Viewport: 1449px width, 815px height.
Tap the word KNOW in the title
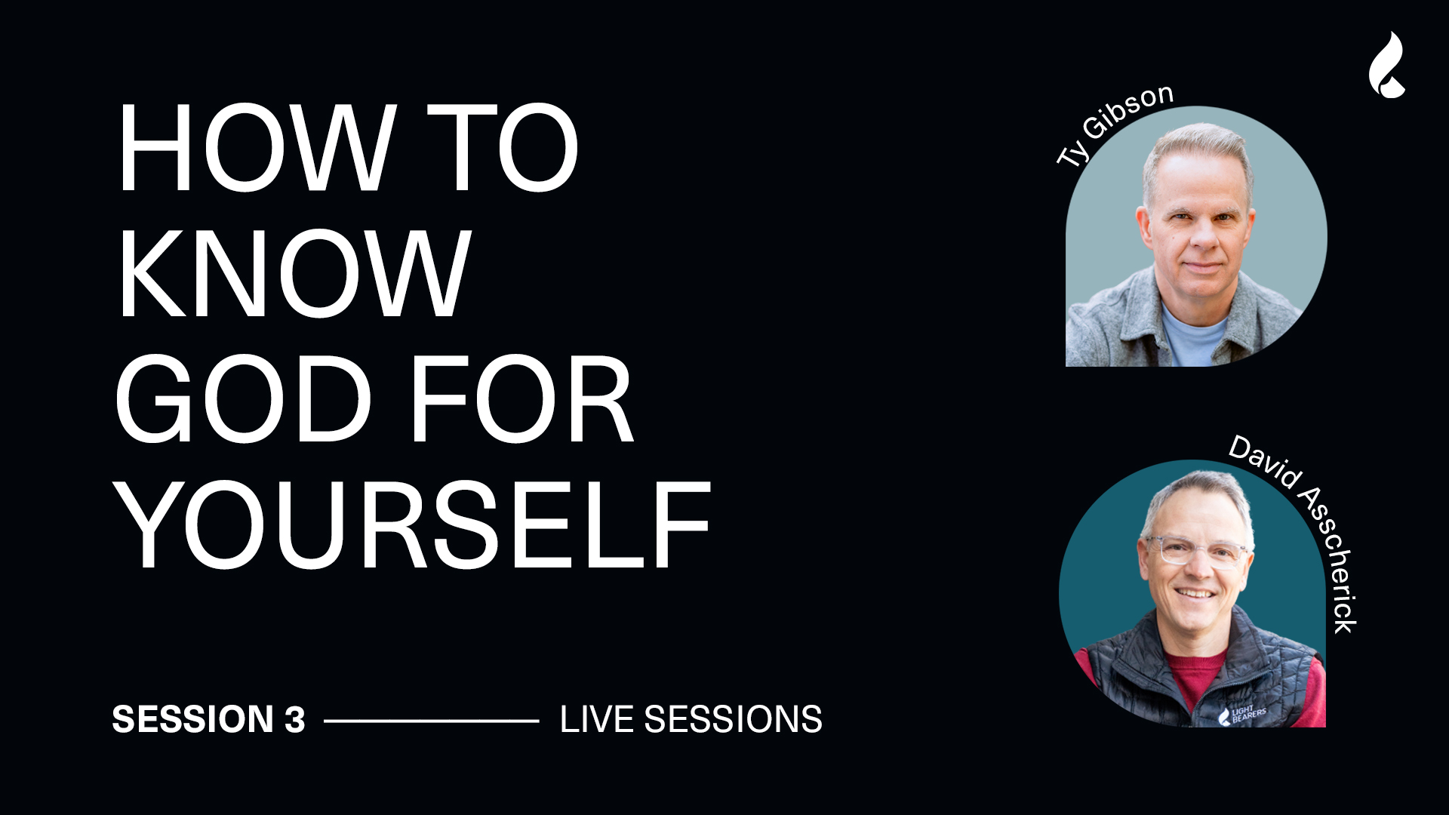pos(294,273)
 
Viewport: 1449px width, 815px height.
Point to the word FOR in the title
pos(522,399)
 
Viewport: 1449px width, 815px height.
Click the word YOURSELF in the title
pos(413,525)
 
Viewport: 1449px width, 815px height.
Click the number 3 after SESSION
pos(295,719)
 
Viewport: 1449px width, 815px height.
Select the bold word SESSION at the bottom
pos(192,719)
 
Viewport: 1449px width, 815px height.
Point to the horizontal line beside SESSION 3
pos(432,721)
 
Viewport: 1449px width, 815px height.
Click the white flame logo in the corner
pos(1387,65)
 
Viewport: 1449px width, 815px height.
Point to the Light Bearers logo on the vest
pos(1241,715)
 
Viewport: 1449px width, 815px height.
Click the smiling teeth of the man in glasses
pos(1196,593)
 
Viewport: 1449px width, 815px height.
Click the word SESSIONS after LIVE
pos(733,719)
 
